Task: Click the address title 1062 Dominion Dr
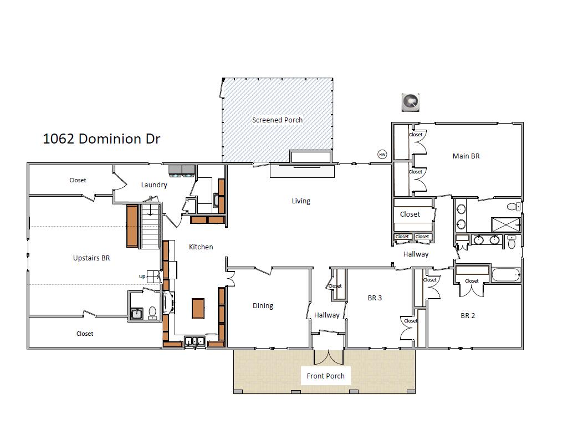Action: pos(101,139)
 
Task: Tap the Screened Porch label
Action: pos(277,120)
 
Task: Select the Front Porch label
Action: pos(326,376)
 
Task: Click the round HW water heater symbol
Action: pos(382,155)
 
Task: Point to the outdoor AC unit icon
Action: pos(411,102)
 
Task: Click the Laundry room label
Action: pos(154,185)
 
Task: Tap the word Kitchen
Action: pos(201,247)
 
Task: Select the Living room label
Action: pos(301,201)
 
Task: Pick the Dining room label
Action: pos(263,305)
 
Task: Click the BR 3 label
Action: pos(375,298)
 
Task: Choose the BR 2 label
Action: pos(468,315)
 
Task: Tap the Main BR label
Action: pos(466,156)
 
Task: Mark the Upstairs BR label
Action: pos(91,258)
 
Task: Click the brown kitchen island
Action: pos(198,308)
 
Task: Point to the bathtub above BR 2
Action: pos(504,274)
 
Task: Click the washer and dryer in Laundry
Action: pos(181,170)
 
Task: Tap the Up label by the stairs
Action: pos(142,276)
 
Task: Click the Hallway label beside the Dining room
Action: pos(326,315)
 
